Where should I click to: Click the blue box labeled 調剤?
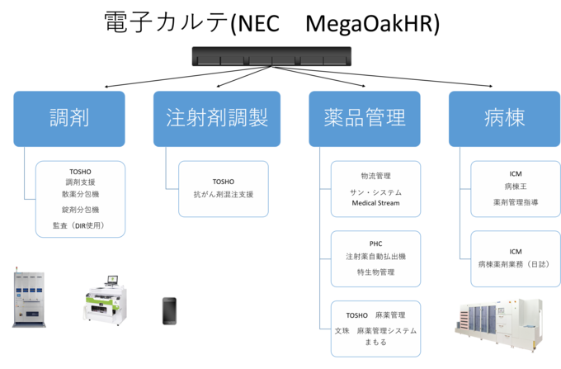pyautogui.click(x=69, y=118)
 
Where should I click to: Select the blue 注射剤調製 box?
pyautogui.click(x=211, y=118)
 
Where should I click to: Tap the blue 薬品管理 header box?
pyautogui.click(x=364, y=118)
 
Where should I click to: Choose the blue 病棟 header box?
pyautogui.click(x=504, y=118)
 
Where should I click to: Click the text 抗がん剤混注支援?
pyautogui.click(x=224, y=195)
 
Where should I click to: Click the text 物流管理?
pyautogui.click(x=375, y=177)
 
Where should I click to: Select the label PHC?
pyautogui.click(x=375, y=244)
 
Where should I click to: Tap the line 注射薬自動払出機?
pyautogui.click(x=375, y=257)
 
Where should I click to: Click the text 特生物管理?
pyautogui.click(x=375, y=272)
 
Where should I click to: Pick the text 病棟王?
pyautogui.click(x=516, y=187)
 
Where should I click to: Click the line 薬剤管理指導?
pyautogui.click(x=516, y=201)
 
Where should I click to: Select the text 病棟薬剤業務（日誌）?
pyautogui.click(x=516, y=265)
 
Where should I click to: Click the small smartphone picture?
pyautogui.click(x=169, y=310)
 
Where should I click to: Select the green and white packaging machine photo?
pyautogui.click(x=104, y=300)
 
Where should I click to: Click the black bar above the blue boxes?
pyautogui.click(x=272, y=57)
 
